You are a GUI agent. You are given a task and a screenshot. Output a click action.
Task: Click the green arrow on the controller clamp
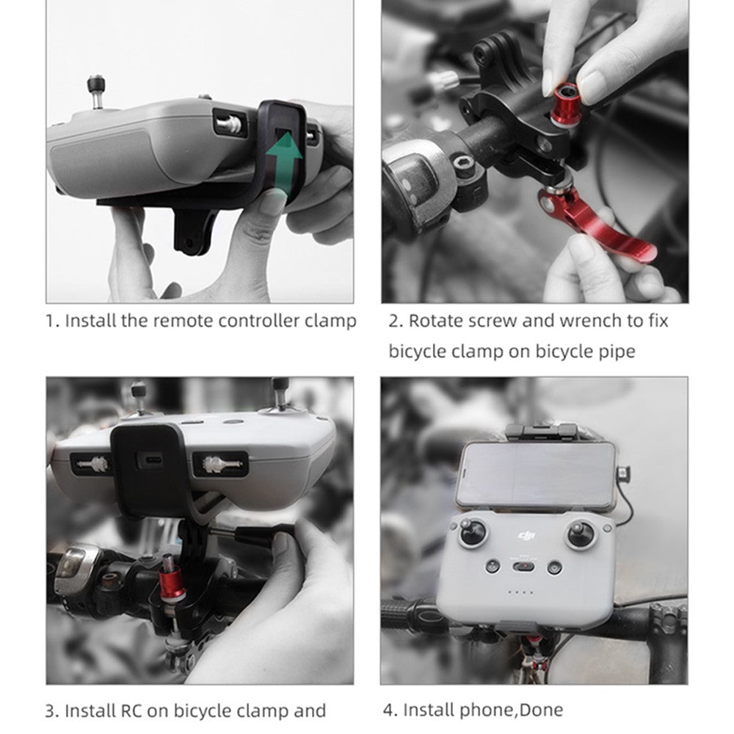click(283, 161)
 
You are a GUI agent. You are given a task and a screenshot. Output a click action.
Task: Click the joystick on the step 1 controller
click(96, 91)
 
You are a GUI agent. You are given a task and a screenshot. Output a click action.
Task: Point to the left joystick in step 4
click(472, 532)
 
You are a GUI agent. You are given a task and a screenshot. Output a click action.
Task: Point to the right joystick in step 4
click(581, 533)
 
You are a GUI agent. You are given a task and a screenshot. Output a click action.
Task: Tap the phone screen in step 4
click(536, 475)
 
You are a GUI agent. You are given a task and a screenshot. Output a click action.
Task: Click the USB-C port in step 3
click(150, 459)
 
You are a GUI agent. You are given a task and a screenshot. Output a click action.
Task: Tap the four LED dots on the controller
click(521, 592)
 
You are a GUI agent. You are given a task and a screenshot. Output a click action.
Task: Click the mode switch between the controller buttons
click(524, 567)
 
